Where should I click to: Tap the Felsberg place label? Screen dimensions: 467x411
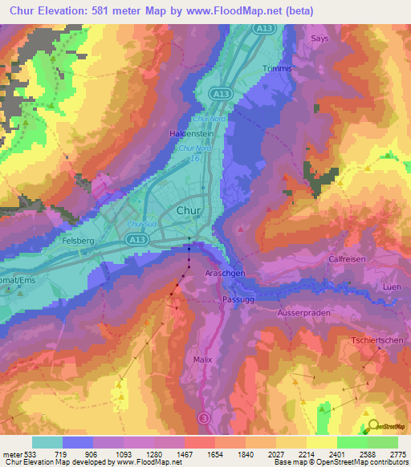(80, 240)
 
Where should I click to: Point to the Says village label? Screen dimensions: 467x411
(319, 38)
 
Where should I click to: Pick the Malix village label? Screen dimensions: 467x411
(203, 359)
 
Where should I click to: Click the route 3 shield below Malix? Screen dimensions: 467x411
(203, 418)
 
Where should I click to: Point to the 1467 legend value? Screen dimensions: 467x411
(184, 453)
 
